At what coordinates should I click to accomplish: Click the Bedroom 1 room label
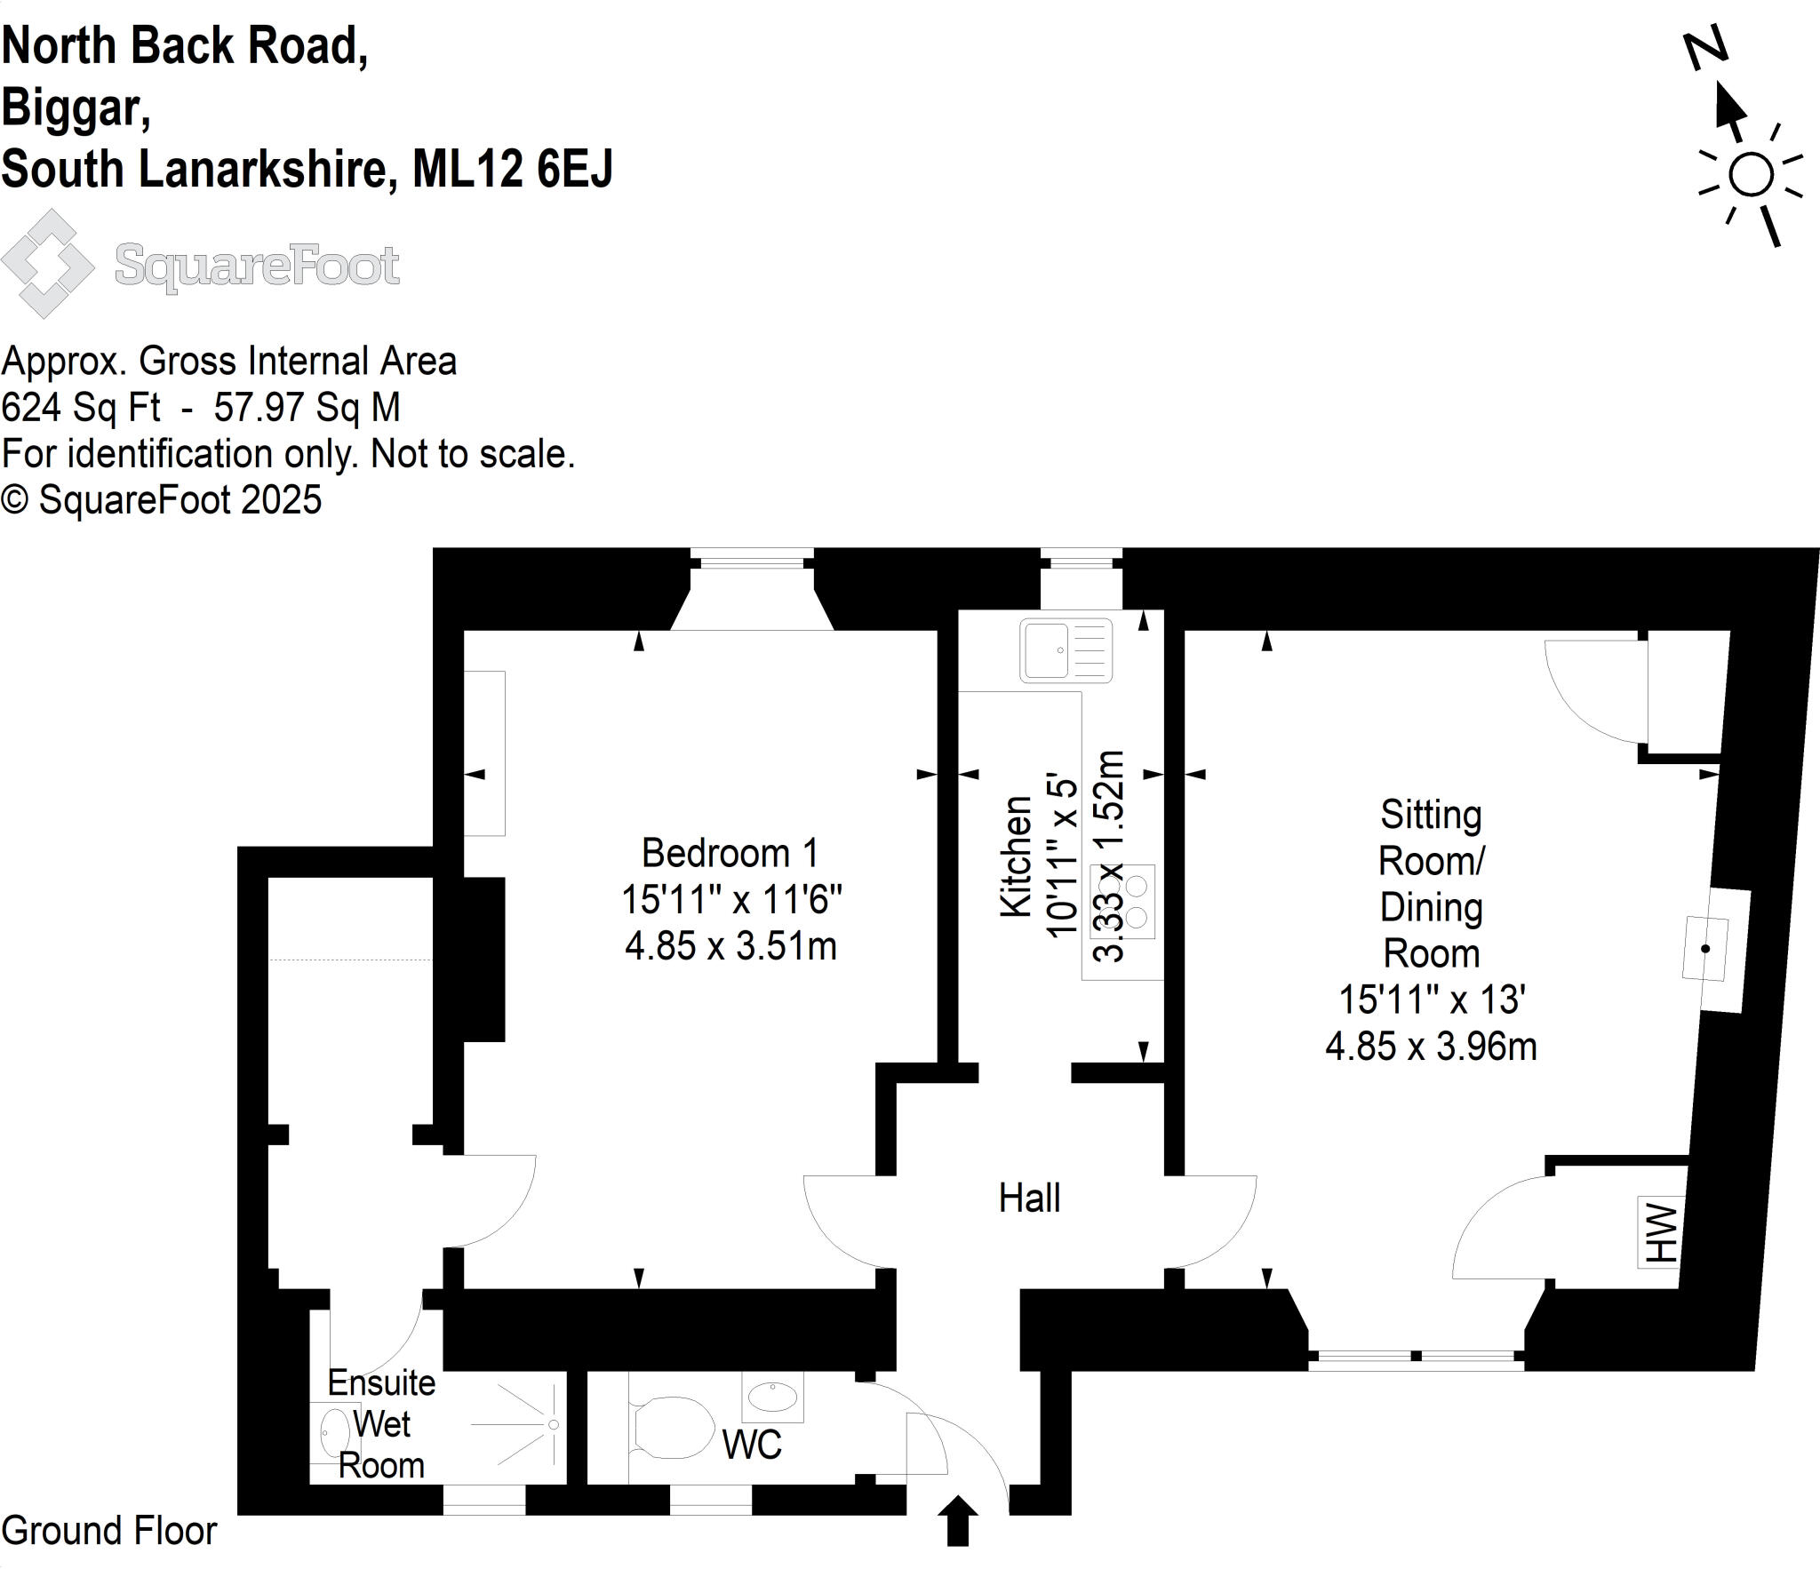730,854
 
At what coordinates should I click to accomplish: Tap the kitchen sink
1066,650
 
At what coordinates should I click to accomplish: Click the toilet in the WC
673,1428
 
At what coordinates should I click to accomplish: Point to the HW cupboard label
1660,1232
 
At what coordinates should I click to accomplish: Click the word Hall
1029,1199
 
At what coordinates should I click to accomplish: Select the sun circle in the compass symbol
1751,174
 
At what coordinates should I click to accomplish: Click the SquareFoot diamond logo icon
48,264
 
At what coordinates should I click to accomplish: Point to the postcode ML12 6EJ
513,169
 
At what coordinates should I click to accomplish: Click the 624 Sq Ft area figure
81,408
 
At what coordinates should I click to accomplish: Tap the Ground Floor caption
109,1531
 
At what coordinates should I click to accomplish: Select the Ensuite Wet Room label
381,1424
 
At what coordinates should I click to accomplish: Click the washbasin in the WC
772,1397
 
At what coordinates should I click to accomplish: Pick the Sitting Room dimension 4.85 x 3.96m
1431,1047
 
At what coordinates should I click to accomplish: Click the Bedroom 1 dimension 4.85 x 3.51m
730,946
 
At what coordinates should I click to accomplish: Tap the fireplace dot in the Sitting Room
1704,949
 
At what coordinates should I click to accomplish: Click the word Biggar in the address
75,108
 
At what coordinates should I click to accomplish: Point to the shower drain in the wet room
553,1425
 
